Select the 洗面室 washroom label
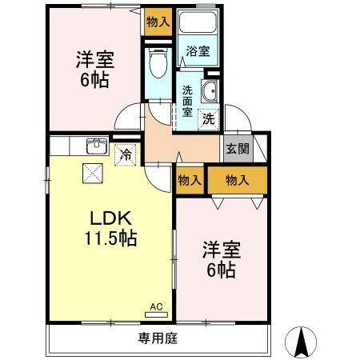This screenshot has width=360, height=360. (186, 101)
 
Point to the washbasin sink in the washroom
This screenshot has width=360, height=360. (211, 91)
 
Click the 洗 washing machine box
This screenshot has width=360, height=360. (207, 119)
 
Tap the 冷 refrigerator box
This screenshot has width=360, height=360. (126, 154)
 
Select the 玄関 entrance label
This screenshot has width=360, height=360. (237, 149)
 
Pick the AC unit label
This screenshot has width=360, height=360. (156, 306)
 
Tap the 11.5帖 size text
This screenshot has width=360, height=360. (110, 238)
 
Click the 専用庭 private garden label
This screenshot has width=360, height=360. (157, 338)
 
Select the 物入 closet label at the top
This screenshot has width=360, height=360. (158, 22)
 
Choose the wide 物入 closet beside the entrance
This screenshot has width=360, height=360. (238, 180)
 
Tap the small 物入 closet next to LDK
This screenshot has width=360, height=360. (190, 180)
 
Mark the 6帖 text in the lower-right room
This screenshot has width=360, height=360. (221, 270)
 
